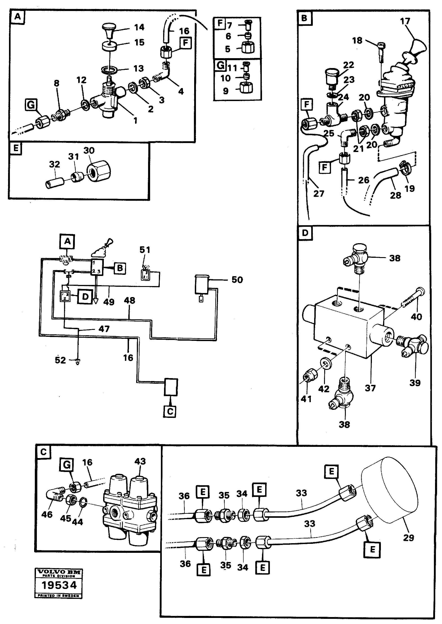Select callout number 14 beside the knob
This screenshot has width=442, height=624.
(139, 27)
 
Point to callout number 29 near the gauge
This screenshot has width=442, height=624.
(408, 538)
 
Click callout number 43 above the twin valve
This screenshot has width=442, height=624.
(140, 461)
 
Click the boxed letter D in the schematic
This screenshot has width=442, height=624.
(85, 297)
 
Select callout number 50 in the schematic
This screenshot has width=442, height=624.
(237, 280)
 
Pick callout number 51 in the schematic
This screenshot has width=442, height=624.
(144, 250)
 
